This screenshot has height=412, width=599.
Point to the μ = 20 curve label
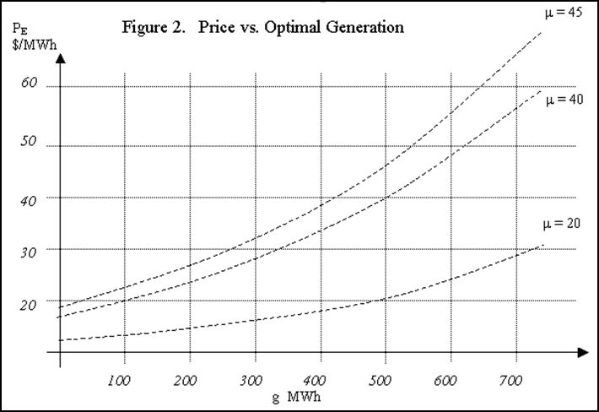coord(561,225)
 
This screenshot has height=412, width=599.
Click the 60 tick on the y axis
coord(30,85)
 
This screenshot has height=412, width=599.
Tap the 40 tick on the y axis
coord(30,197)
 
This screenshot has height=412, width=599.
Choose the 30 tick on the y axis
coord(30,250)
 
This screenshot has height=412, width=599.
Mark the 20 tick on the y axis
coord(30,305)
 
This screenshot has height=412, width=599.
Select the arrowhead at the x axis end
coord(582,350)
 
